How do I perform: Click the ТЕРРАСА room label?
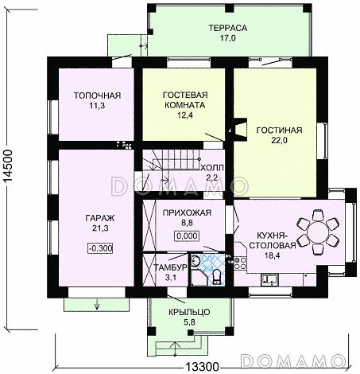click(x=227, y=28)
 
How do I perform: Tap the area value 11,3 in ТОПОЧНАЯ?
click(x=97, y=106)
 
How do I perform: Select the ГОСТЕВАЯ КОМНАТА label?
click(x=185, y=99)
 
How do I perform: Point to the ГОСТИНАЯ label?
click(x=279, y=131)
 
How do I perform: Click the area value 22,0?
click(x=279, y=140)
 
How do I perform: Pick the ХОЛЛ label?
click(x=212, y=168)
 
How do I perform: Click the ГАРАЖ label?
click(x=100, y=218)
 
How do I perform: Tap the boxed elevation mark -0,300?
click(x=100, y=248)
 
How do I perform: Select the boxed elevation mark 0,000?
click(x=187, y=236)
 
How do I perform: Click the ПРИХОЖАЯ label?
click(x=187, y=212)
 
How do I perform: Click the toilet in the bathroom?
click(x=217, y=277)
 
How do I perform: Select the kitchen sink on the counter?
click(x=269, y=279)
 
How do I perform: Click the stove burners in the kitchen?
click(x=240, y=263)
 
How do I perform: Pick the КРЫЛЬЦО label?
click(x=189, y=312)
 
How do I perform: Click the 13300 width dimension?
click(x=202, y=368)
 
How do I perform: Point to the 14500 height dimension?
click(x=9, y=166)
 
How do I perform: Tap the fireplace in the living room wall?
click(x=239, y=129)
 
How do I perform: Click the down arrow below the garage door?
click(x=97, y=304)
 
